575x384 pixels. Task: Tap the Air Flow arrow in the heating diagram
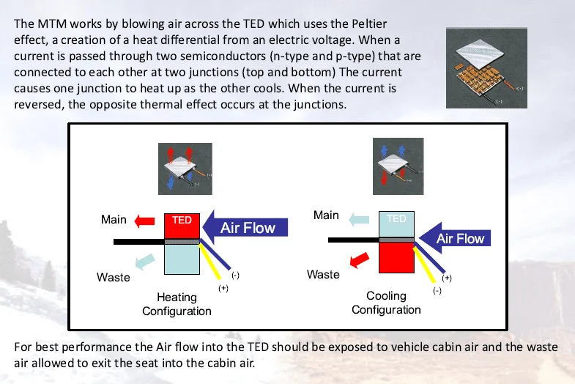[246, 227]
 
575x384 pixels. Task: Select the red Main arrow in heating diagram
[145, 220]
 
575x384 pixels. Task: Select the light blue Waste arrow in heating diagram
[144, 259]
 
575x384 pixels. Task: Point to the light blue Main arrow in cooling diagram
[359, 218]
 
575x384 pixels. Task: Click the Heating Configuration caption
[177, 304]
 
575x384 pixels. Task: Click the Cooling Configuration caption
[386, 303]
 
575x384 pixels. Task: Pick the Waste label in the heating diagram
[114, 278]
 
